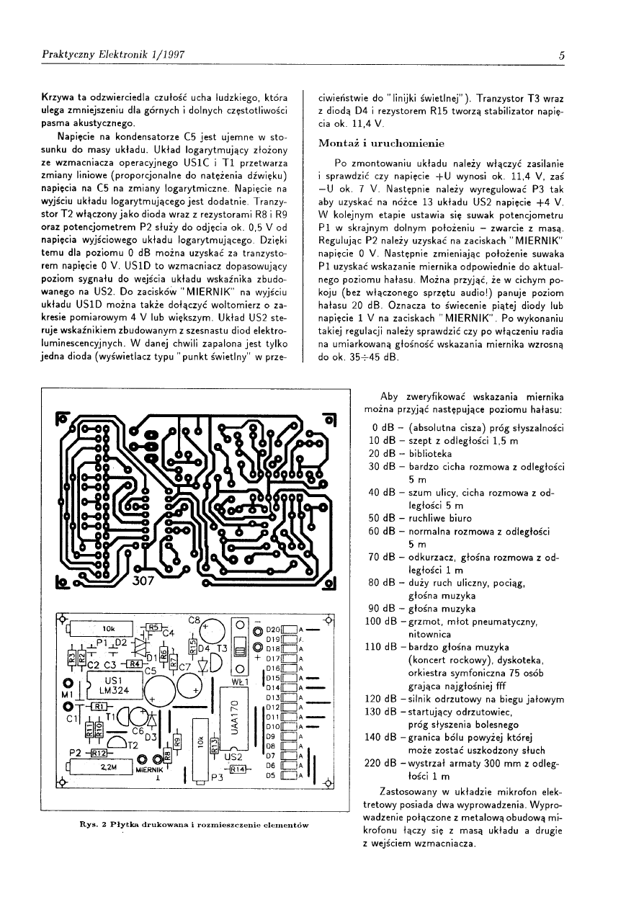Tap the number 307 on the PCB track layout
click(x=144, y=581)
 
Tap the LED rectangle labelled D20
click(x=290, y=629)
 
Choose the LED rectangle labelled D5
click(x=290, y=776)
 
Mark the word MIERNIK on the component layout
click(x=149, y=769)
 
